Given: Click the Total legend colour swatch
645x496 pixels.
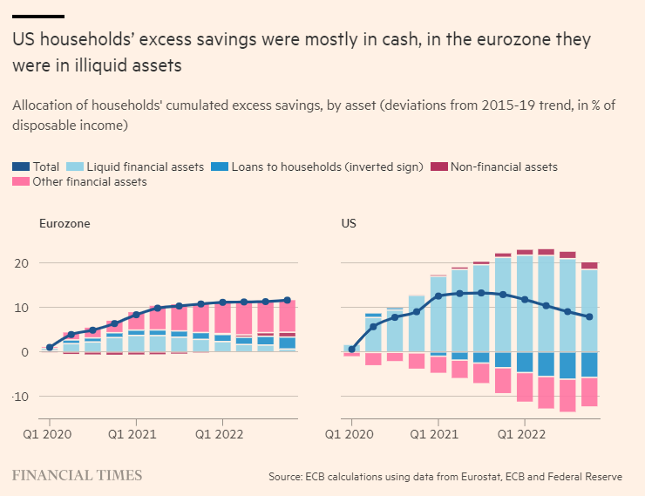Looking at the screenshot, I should point(20,166).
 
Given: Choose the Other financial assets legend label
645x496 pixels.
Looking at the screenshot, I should point(90,181).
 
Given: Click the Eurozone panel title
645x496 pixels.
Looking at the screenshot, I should point(64,223).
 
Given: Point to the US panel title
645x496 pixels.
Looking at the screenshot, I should point(349,223).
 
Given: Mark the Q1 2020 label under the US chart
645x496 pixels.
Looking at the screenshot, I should point(350,432).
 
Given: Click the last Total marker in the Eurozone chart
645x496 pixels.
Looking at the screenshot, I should point(287,300).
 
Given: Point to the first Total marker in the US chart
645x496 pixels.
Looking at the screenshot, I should point(352,349).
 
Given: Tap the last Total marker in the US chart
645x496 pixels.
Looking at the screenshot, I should point(589,316).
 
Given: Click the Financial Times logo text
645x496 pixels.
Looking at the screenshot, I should point(77,475).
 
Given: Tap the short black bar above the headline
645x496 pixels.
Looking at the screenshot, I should point(38,17).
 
